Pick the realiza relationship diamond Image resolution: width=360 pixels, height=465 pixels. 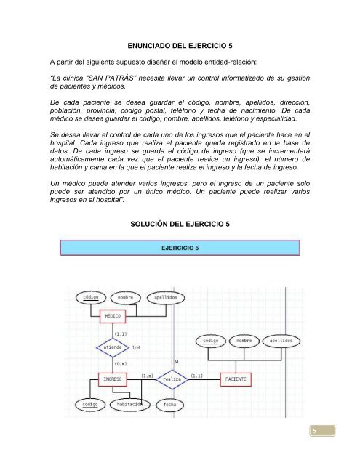tap(172, 379)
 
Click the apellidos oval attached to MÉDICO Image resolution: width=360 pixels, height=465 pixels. tap(166, 297)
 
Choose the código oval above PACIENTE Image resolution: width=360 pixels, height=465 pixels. tap(211, 340)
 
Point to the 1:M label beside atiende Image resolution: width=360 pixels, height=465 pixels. tap(137, 348)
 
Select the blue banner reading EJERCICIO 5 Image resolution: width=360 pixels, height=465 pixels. tap(180, 248)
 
